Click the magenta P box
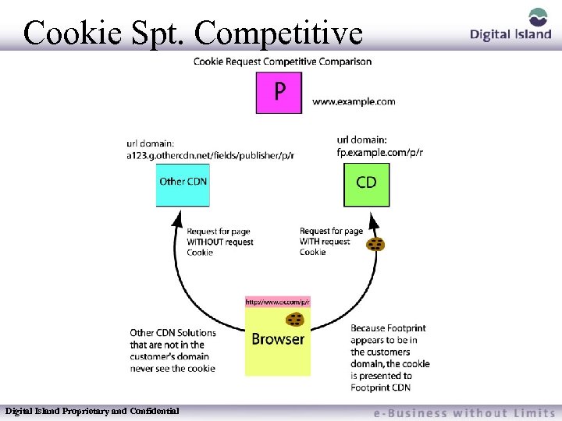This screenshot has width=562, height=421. (x=279, y=93)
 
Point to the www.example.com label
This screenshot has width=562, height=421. (x=354, y=101)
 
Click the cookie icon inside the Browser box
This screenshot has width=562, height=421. (x=294, y=318)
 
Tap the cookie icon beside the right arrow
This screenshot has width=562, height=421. (x=375, y=244)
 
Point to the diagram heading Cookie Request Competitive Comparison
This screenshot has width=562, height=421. (x=283, y=62)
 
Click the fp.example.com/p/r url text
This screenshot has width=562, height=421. (x=380, y=153)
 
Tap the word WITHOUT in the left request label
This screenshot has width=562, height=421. (x=205, y=242)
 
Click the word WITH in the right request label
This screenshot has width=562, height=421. (x=311, y=242)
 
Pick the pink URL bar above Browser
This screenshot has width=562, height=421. (x=278, y=301)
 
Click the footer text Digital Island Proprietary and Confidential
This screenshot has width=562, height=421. (x=92, y=410)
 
